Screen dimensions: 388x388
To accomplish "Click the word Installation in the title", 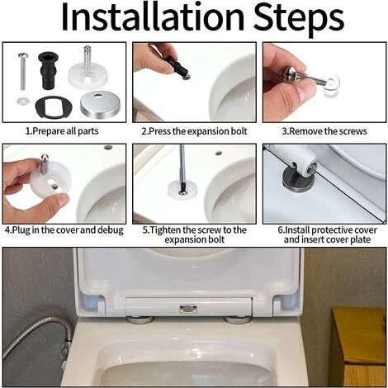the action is click(153, 17).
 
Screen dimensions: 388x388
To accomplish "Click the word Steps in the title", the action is click(299, 20).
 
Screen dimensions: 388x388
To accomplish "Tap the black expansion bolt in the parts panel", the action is click(48, 70).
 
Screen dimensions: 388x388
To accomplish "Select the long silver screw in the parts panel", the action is click(22, 72).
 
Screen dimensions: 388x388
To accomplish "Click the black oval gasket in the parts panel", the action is click(54, 106).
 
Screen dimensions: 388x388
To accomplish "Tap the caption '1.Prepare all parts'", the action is click(62, 131).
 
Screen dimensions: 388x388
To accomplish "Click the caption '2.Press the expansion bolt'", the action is click(194, 131).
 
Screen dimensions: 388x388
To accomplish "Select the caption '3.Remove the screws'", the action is click(324, 131).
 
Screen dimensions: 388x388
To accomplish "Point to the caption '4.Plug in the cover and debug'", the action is click(64, 230).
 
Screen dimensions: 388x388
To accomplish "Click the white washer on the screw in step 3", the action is click(331, 83).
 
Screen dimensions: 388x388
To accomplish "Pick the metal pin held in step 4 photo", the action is click(45, 164).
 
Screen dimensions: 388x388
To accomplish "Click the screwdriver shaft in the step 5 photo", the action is click(182, 168).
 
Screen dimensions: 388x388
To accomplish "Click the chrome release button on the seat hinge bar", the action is click(188, 309).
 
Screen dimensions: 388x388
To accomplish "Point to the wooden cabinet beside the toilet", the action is click(359, 347).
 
